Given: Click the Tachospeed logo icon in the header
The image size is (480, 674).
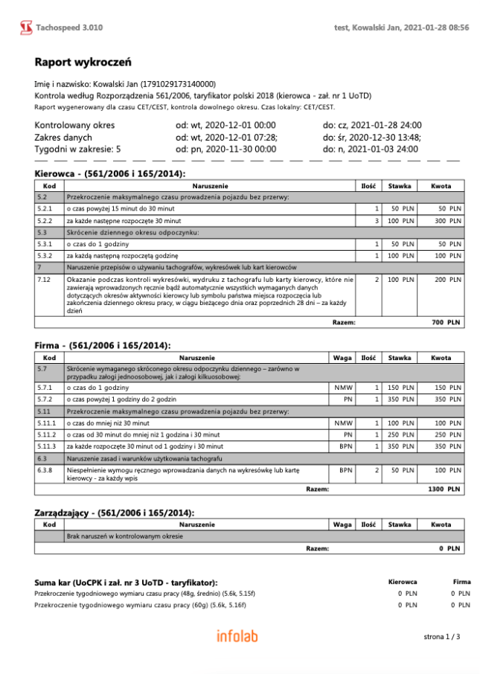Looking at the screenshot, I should click(x=26, y=28).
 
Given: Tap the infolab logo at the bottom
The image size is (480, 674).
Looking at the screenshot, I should click(x=239, y=636).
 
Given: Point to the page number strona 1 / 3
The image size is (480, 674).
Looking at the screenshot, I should click(x=442, y=637).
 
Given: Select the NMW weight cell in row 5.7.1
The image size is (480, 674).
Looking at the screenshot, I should click(x=342, y=388).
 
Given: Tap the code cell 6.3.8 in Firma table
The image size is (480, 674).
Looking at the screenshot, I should click(x=45, y=470).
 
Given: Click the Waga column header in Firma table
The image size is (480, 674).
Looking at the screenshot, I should click(x=342, y=358).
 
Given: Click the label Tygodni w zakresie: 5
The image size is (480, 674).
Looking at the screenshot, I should click(x=77, y=150).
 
